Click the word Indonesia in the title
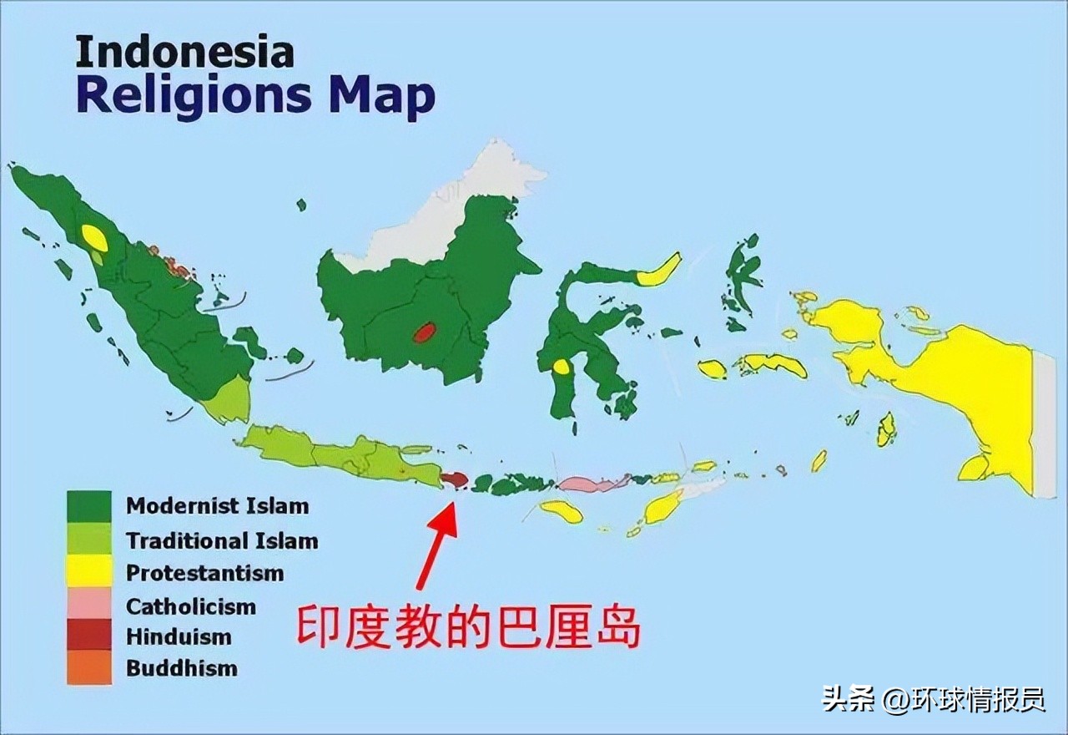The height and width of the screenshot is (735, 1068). coord(184,52)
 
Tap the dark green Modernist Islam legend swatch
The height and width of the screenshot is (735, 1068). coord(89,506)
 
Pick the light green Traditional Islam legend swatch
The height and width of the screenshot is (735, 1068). coord(89,540)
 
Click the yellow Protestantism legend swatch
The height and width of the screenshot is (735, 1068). coord(89,572)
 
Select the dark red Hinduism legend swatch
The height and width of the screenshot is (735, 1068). coord(89,636)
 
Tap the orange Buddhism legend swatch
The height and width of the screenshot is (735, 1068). coord(89,669)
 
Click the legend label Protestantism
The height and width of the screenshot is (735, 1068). coord(204,574)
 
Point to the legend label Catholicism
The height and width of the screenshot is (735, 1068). coord(191,606)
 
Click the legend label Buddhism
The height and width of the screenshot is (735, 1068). coord(182,669)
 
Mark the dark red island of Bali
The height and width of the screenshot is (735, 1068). coord(454,479)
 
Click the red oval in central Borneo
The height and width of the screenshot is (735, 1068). coord(424,333)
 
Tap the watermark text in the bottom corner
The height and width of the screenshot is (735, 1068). coord(934,698)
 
